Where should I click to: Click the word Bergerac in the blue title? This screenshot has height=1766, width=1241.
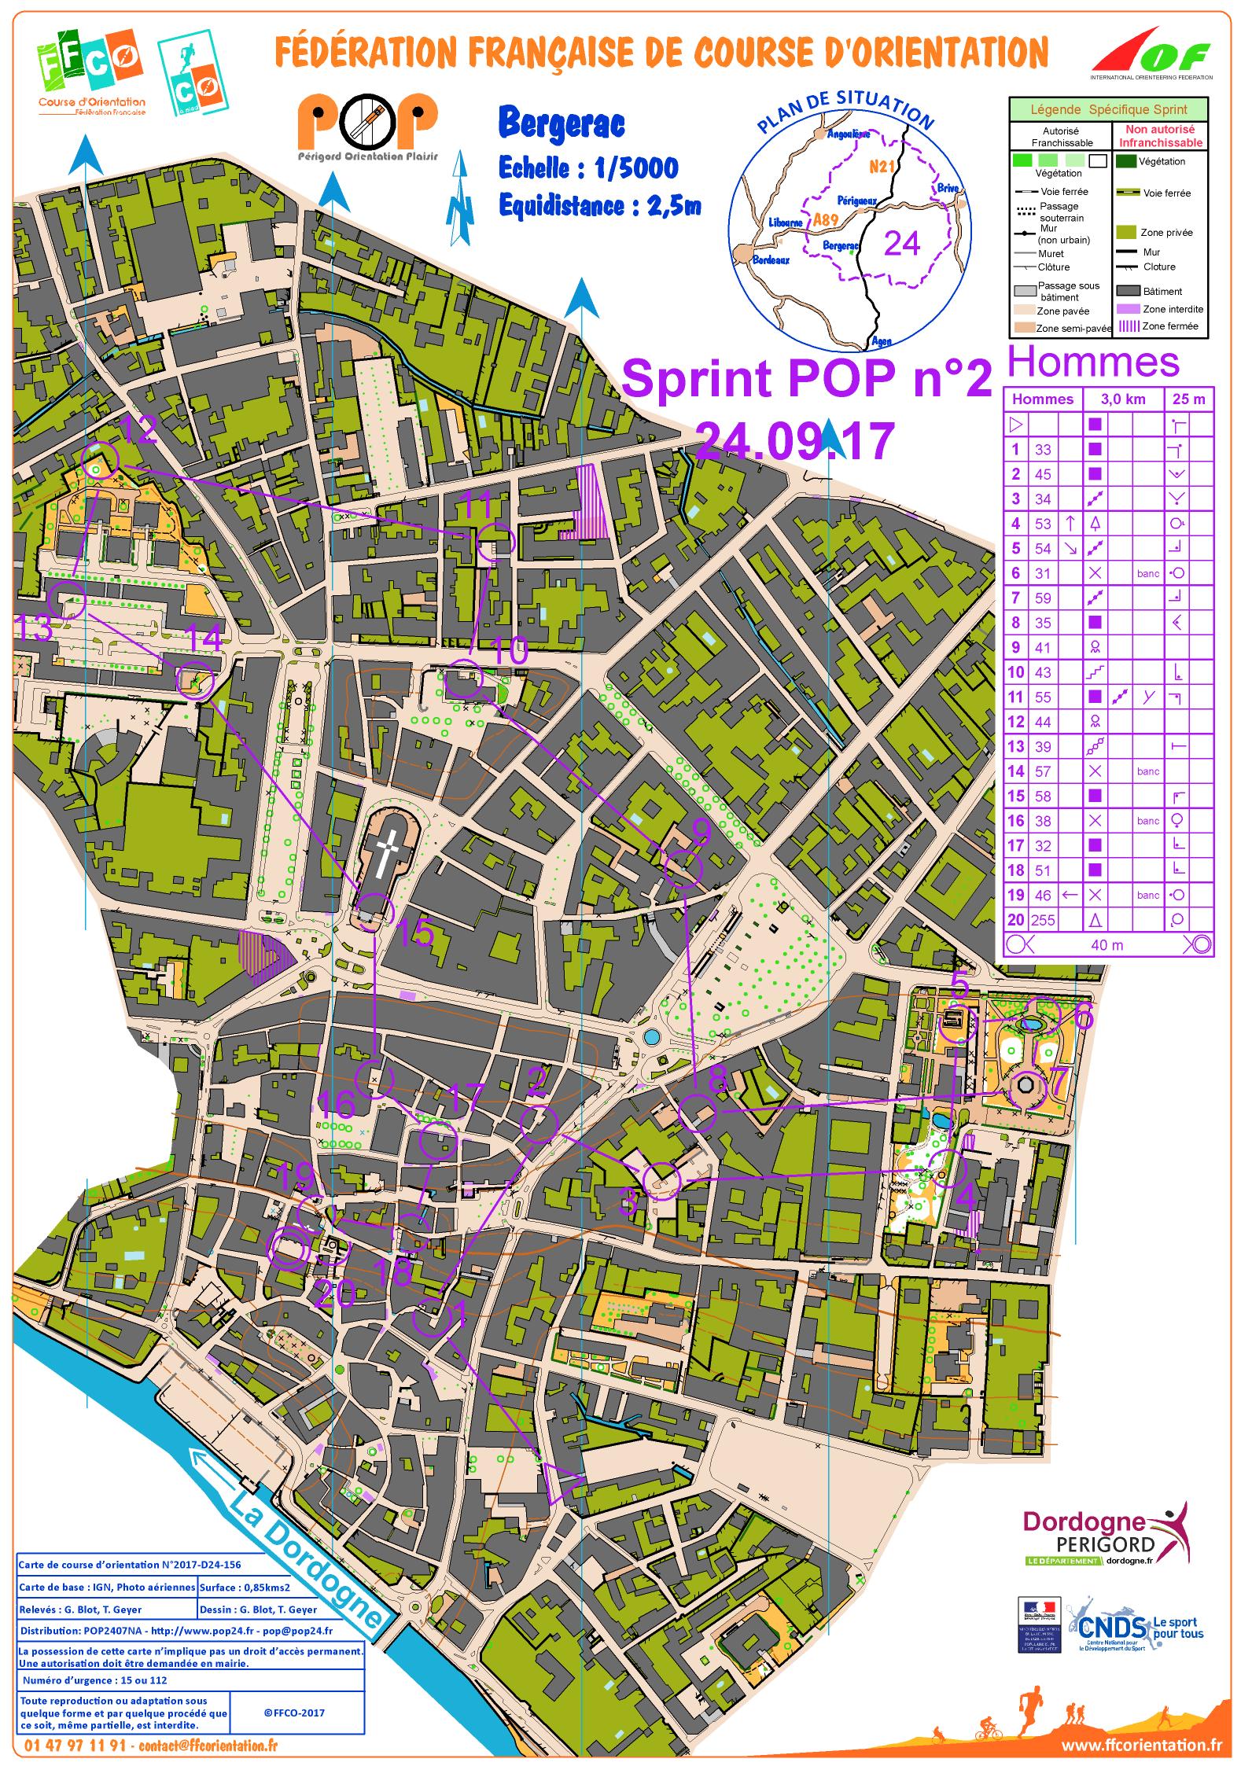tap(562, 124)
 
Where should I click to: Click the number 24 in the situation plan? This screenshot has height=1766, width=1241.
tap(901, 244)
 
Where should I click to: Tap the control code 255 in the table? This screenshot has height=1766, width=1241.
tap(1043, 919)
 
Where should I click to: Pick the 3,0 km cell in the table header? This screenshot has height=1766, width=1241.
tap(1123, 399)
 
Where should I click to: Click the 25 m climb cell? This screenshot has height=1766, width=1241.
tap(1188, 399)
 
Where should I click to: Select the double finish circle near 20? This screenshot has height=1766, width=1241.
tap(287, 1248)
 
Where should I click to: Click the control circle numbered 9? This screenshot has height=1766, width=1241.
tap(683, 870)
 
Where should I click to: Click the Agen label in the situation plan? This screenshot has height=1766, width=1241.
tap(881, 341)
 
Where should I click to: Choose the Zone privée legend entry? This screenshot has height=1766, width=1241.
tap(1166, 233)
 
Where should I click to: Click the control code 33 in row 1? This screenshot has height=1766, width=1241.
tap(1043, 450)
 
